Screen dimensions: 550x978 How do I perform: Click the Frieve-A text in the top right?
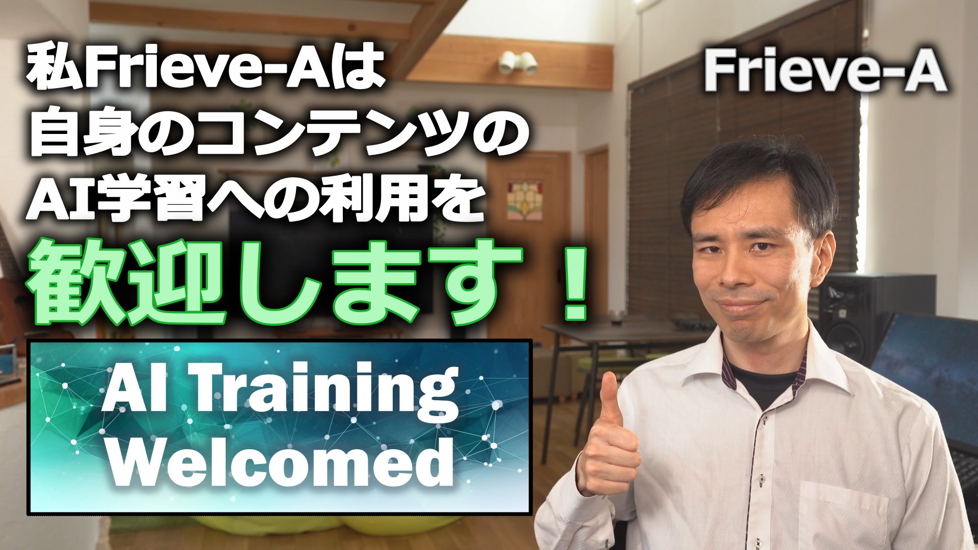(x=825, y=72)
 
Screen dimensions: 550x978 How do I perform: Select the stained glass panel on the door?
(x=524, y=199)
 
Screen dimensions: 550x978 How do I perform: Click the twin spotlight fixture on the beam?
(x=518, y=62)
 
